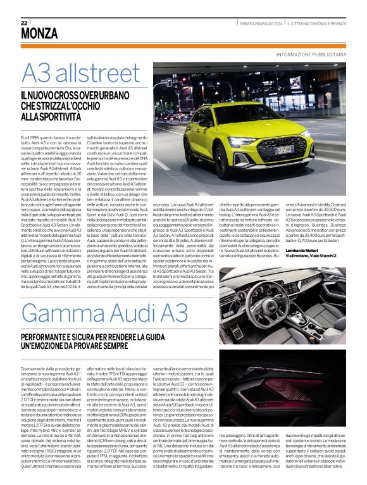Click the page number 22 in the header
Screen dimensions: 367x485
pos(23,22)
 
